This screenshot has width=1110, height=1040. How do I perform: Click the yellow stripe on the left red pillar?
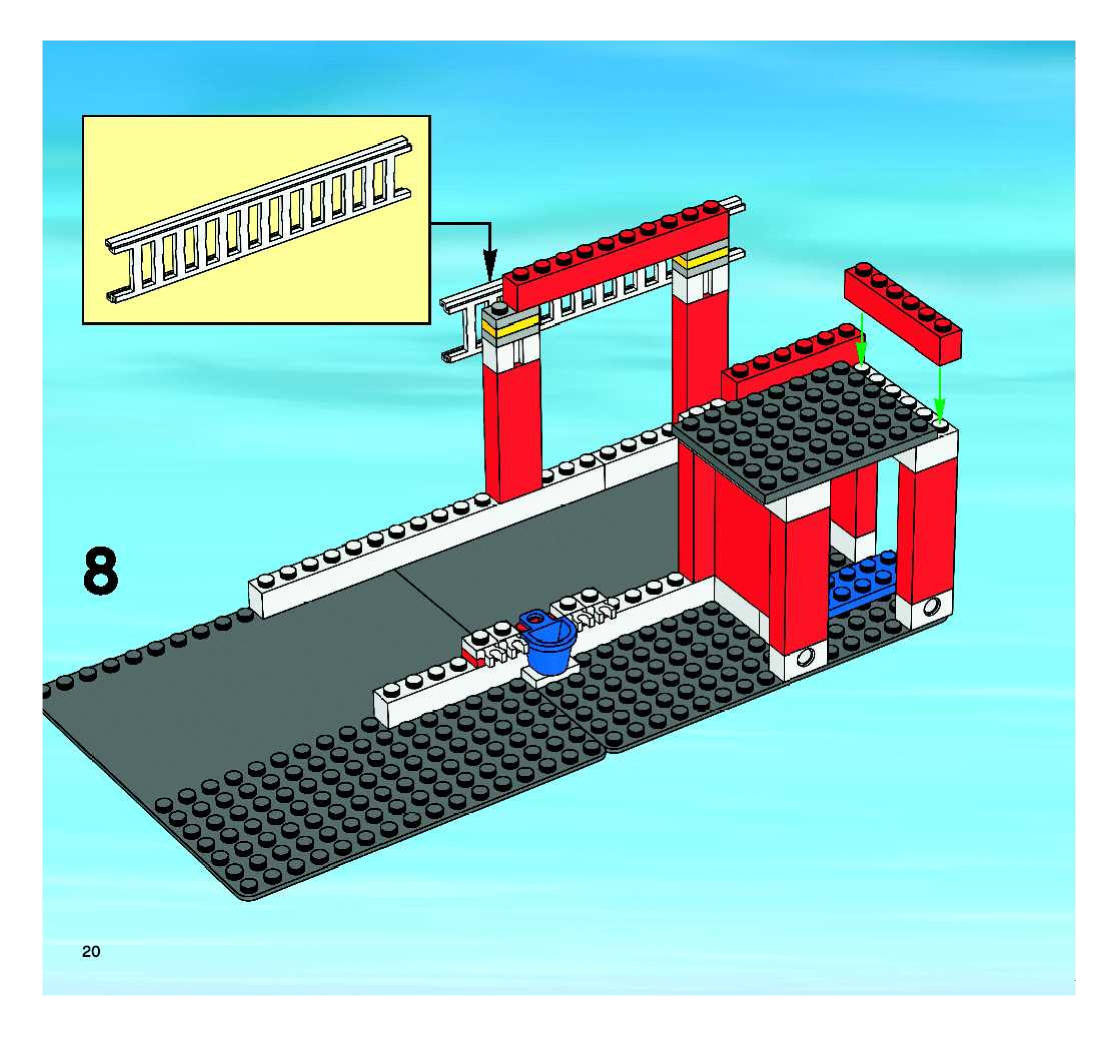click(x=511, y=328)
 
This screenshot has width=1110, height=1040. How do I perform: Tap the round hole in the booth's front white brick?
click(x=804, y=658)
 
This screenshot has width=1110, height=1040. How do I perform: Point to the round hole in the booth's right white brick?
click(x=932, y=605)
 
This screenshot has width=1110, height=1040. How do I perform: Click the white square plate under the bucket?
click(x=550, y=677)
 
